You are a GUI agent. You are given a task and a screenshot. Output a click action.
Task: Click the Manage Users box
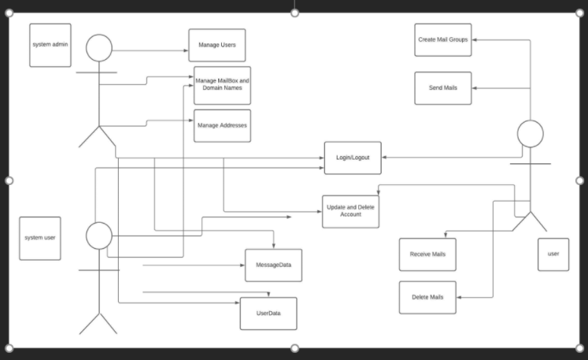[216, 45]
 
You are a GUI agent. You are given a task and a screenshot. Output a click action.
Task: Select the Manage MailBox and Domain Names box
[222, 85]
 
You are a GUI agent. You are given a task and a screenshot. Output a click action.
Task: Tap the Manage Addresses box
[222, 125]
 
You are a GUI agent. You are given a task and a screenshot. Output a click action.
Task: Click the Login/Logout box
[353, 158]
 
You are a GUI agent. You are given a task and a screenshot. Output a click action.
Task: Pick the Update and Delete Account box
[350, 211]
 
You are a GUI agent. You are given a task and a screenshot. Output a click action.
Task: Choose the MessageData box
[273, 265]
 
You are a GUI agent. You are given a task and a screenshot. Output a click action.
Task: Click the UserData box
[268, 314]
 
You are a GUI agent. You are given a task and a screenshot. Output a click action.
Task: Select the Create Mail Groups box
[443, 39]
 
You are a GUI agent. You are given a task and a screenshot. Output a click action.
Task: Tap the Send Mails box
[443, 88]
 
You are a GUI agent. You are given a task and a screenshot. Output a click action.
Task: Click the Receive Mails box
[427, 254]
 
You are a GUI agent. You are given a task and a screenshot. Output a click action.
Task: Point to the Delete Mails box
[427, 298]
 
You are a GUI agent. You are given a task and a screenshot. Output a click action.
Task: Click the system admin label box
[50, 45]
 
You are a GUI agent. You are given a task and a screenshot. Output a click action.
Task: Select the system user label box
[40, 238]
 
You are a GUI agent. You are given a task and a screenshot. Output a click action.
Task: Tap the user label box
[553, 254]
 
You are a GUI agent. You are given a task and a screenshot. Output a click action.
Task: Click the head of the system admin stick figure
[99, 48]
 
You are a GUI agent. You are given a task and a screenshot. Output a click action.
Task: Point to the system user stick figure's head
[99, 236]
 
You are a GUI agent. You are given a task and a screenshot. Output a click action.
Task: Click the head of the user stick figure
[530, 134]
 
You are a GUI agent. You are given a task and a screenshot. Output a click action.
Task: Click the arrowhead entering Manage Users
[185, 51]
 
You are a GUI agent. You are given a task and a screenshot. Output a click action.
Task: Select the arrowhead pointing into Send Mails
[475, 88]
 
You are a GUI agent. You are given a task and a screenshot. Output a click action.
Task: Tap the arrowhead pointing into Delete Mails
[460, 298]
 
